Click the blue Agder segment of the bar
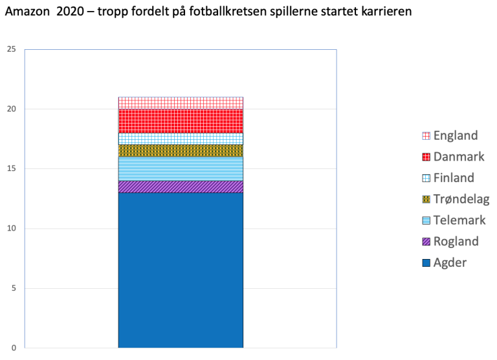coord(181,269)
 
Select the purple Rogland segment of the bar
coord(181,186)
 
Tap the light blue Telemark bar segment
coord(181,168)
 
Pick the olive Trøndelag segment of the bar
coord(181,150)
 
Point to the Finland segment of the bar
coord(181,139)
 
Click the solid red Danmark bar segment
coord(181,120)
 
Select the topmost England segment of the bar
coord(181,103)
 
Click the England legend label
coord(456,135)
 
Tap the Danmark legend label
coord(459,157)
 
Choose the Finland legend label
coord(454,177)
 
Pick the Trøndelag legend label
coord(461,199)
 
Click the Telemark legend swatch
coord(426,221)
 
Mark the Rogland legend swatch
coord(426,242)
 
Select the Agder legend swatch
coord(426,263)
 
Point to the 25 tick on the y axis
coord(12,49)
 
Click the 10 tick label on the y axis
coord(12,229)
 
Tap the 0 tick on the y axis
coord(14,348)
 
